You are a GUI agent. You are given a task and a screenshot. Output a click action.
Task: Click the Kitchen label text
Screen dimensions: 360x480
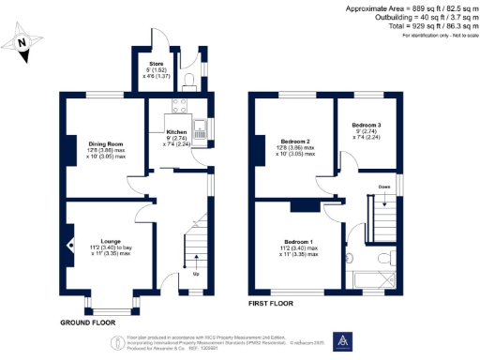click(x=176, y=132)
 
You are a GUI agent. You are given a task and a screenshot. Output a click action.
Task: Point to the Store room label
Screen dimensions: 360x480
click(x=156, y=64)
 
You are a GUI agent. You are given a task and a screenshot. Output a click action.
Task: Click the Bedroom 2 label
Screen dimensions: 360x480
click(x=289, y=141)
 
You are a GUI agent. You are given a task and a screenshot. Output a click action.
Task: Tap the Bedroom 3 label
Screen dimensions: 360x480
click(x=367, y=124)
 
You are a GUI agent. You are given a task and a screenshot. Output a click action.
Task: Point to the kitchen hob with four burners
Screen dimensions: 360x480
click(x=181, y=106)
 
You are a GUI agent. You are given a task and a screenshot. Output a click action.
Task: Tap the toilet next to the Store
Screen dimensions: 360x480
click(x=190, y=76)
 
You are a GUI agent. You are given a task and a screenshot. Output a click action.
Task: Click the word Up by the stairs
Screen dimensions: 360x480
click(x=195, y=275)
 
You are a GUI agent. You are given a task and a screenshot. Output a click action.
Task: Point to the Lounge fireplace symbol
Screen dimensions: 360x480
click(x=70, y=245)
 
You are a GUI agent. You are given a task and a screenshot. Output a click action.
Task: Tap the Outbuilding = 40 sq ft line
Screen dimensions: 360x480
click(x=409, y=18)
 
